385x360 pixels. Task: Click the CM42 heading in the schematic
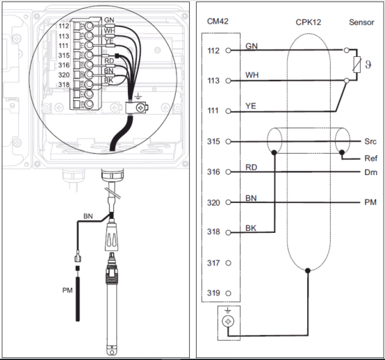pyautogui.click(x=218, y=22)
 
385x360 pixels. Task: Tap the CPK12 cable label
pyautogui.click(x=308, y=22)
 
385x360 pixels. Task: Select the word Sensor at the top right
pyautogui.click(x=361, y=22)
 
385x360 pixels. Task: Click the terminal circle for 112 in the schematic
pyautogui.click(x=228, y=50)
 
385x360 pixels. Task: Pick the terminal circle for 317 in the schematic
pyautogui.click(x=228, y=263)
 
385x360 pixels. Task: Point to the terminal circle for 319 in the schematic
pyautogui.click(x=228, y=293)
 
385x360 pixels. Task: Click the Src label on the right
pyautogui.click(x=370, y=142)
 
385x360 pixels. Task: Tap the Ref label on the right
pyautogui.click(x=371, y=158)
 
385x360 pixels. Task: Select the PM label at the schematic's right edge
pyautogui.click(x=370, y=202)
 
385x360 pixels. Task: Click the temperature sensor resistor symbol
pyautogui.click(x=357, y=65)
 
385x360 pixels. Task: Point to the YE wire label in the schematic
pyautogui.click(x=251, y=106)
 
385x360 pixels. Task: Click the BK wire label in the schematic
pyautogui.click(x=251, y=228)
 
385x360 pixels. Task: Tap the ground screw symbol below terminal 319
pyautogui.click(x=228, y=321)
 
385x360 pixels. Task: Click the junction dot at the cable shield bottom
pyautogui.click(x=308, y=270)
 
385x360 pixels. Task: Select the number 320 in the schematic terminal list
pyautogui.click(x=213, y=203)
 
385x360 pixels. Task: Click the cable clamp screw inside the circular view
pyautogui.click(x=140, y=108)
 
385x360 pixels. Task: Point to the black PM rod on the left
pyautogui.click(x=78, y=299)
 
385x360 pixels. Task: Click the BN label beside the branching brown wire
pyautogui.click(x=88, y=216)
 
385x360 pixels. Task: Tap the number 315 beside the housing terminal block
pyautogui.click(x=64, y=56)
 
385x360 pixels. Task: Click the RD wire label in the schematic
pyautogui.click(x=251, y=167)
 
